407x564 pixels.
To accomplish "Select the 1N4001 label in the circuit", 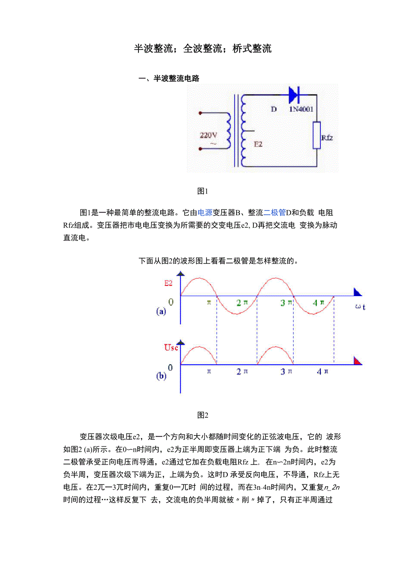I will [303, 109].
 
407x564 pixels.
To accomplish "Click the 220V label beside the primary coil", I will [208, 136].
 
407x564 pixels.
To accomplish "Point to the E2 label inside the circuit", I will [258, 144].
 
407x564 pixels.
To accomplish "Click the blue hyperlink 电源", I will [205, 213].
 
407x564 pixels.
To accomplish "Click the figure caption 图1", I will [203, 191].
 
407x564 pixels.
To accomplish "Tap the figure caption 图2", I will [203, 415].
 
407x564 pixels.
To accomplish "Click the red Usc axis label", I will [171, 348].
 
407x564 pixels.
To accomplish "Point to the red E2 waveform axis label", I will [168, 283].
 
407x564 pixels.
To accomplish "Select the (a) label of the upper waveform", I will [161, 312].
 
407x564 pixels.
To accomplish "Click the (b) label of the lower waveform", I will [161, 376].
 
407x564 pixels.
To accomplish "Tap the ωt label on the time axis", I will [361, 306].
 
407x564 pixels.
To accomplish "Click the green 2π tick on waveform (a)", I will [242, 303].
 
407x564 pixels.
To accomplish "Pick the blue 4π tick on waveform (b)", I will [323, 372].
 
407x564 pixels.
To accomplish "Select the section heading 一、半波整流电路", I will [169, 79].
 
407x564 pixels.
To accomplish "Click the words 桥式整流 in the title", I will [254, 49].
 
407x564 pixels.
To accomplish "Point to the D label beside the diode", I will [273, 109].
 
